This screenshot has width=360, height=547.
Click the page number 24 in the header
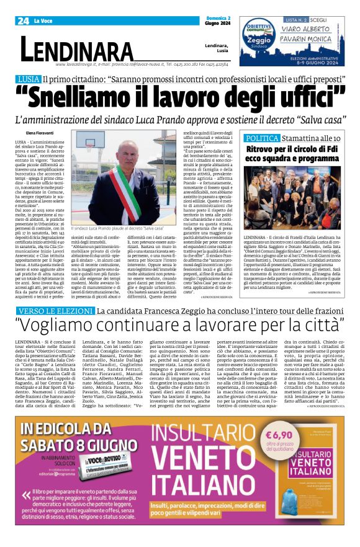[x=24, y=21]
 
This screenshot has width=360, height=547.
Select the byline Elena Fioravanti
[x=40, y=133]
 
